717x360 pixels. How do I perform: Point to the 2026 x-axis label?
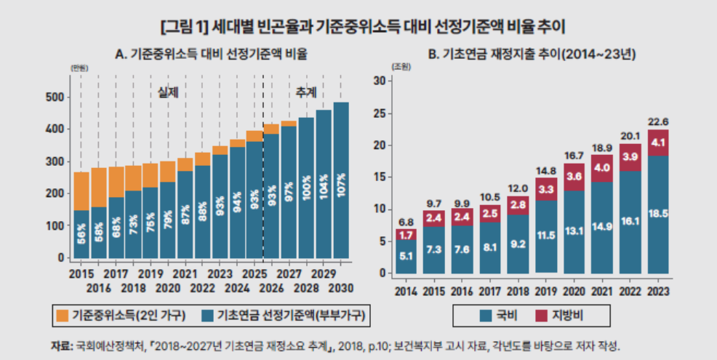(x=271, y=288)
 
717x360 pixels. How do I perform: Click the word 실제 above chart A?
(x=168, y=92)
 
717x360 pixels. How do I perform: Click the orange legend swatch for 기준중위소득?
(x=62, y=315)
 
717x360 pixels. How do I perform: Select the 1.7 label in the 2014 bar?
(x=407, y=236)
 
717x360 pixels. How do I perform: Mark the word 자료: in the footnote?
(x=61, y=345)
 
